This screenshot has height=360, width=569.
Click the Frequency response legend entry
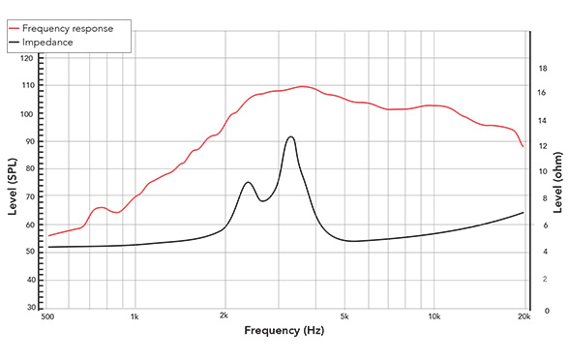(74, 28)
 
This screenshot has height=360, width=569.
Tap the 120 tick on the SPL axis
(26, 58)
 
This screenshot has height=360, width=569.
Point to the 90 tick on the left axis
(28, 141)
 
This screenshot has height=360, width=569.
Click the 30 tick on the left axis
(28, 309)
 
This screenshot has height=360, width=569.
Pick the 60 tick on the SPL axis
(28, 225)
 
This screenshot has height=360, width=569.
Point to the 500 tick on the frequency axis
(47, 317)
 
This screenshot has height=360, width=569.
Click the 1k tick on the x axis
(135, 317)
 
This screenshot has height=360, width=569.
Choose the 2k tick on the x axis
(224, 317)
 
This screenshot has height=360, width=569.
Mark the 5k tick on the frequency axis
(343, 317)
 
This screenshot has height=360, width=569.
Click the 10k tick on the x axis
(434, 317)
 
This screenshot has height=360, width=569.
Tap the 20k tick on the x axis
(524, 317)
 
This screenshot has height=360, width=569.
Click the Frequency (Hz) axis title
(284, 332)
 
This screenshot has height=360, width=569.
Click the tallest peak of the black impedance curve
(290, 136)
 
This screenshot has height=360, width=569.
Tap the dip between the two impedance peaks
(261, 200)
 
